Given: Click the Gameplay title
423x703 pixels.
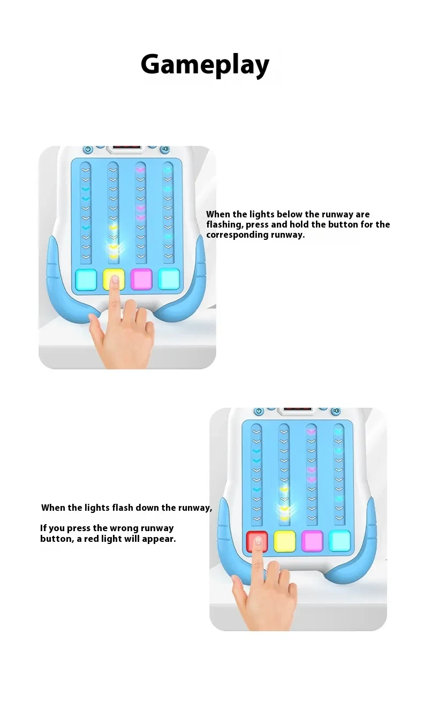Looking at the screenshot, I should tap(205, 65).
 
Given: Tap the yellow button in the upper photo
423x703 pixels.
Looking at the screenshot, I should tap(114, 278).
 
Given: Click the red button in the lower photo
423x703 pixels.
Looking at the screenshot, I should tap(256, 541).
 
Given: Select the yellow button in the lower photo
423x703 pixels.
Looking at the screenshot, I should tap(284, 541).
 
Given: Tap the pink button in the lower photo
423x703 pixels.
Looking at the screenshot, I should tap(312, 541).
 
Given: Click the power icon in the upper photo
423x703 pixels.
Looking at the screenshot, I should tap(88, 150).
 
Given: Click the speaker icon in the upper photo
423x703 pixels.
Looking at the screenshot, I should tap(165, 150).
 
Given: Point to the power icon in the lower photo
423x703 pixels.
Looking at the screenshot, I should tap(259, 411).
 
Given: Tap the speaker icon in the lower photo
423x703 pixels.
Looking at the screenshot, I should tap(336, 411).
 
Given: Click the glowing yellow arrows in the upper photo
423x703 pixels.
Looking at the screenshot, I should tap(114, 247).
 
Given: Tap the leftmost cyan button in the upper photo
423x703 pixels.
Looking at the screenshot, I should tap(86, 278).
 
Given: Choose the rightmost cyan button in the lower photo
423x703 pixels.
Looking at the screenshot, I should tap(340, 541).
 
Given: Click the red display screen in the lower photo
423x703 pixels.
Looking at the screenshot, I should tap(297, 411).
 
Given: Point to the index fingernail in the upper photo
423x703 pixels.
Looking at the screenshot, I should tap(115, 279).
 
